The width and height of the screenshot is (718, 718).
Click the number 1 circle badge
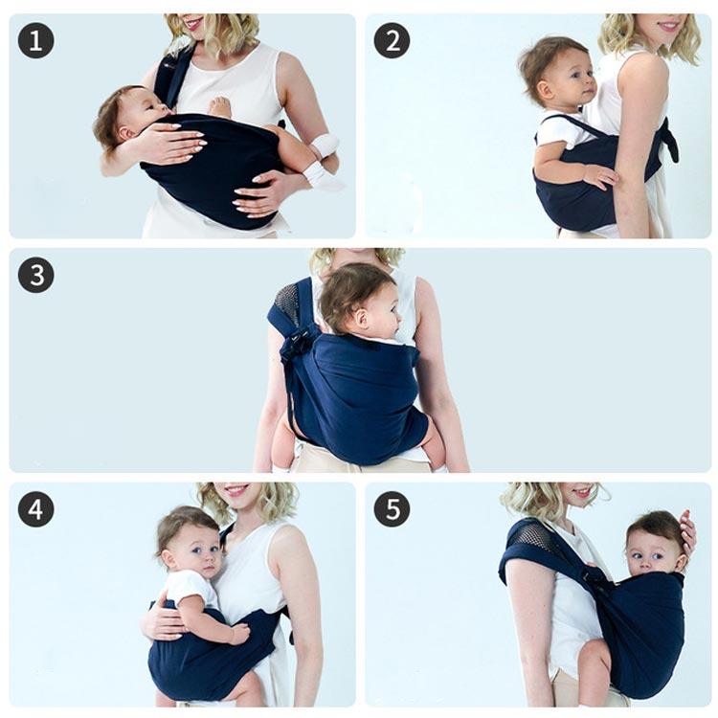coord(35,40)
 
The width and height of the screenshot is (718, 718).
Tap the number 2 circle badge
coord(392,40)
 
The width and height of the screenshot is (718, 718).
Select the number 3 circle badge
coord(35,275)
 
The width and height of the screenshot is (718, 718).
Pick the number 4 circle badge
coord(35,509)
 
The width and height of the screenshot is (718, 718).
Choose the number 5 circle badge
coord(392,509)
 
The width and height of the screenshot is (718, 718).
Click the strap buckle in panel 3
coord(299,339)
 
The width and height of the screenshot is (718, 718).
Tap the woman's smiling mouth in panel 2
coord(669,24)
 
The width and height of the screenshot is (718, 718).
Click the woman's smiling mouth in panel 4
coord(236,491)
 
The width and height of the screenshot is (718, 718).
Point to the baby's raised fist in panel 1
coord(220,107)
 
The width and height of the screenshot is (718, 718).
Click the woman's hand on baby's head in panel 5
coord(687,529)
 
